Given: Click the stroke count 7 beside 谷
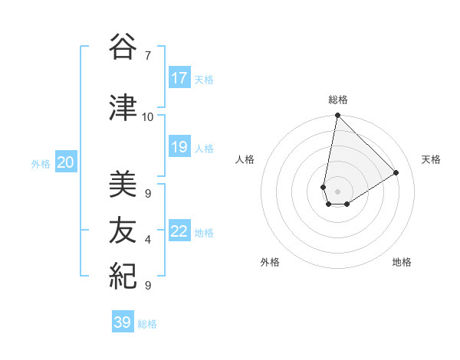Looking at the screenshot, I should (148, 56).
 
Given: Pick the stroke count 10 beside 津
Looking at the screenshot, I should (148, 116).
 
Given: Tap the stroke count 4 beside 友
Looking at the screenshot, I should (148, 240).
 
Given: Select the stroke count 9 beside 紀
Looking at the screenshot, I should (148, 285).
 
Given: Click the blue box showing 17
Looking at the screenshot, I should (179, 78).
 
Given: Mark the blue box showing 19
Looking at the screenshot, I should (179, 147).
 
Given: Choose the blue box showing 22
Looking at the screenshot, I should (179, 231).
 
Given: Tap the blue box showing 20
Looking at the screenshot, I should (66, 162).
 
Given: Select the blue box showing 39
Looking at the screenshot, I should (123, 322).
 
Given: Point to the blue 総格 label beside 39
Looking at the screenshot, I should (147, 324).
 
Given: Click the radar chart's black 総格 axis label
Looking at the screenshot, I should (338, 100).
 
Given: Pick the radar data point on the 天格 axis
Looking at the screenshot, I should (396, 172).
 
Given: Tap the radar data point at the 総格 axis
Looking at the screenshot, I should (337, 116).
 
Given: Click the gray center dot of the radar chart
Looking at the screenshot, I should (337, 191).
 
